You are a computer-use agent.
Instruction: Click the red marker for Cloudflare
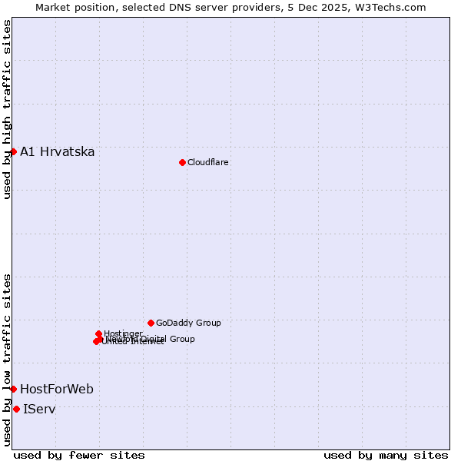pyautogui.click(x=182, y=162)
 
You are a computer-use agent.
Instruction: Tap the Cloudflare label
pyautogui.click(x=207, y=162)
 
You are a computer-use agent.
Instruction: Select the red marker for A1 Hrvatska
pyautogui.click(x=13, y=151)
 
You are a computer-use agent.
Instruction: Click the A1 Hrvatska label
pyautogui.click(x=57, y=151)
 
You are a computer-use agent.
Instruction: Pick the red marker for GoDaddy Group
pyautogui.click(x=151, y=323)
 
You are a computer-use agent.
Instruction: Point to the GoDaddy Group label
pyautogui.click(x=188, y=323)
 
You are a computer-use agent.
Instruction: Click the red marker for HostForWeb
pyautogui.click(x=13, y=389)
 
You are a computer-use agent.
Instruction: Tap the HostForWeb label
pyautogui.click(x=56, y=389)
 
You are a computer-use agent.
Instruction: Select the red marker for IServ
pyautogui.click(x=16, y=409)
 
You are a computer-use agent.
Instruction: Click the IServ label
pyautogui.click(x=39, y=409)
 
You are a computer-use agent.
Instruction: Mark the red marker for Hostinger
pyautogui.click(x=98, y=333)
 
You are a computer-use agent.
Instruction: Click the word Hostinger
pyautogui.click(x=123, y=333)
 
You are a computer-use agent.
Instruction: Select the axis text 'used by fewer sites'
pyautogui.click(x=79, y=455)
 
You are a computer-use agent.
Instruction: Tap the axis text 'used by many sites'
pyautogui.click(x=386, y=455)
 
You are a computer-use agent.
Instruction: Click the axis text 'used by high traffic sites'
pyautogui.click(x=7, y=109)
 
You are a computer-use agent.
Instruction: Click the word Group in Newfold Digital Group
pyautogui.click(x=182, y=339)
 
